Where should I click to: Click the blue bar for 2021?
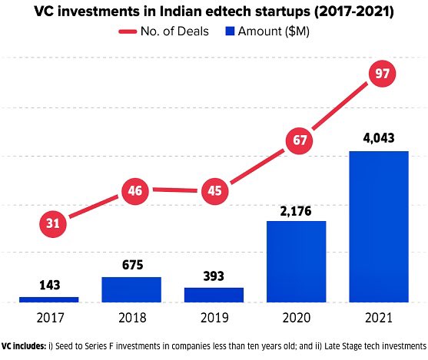(x=378, y=226)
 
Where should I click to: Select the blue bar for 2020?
(x=296, y=261)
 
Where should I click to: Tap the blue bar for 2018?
(x=131, y=289)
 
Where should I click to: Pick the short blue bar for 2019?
(x=214, y=295)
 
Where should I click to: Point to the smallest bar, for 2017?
(x=49, y=299)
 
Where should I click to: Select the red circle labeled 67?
(x=297, y=141)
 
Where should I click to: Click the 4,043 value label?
(x=378, y=139)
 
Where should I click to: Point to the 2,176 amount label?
(x=296, y=209)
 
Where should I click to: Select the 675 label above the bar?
(x=131, y=266)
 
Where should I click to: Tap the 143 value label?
(x=49, y=285)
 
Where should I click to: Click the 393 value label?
(x=214, y=276)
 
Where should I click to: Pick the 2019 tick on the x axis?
(x=214, y=317)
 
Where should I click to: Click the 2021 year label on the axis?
(x=378, y=317)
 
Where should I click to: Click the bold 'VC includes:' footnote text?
(x=22, y=346)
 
